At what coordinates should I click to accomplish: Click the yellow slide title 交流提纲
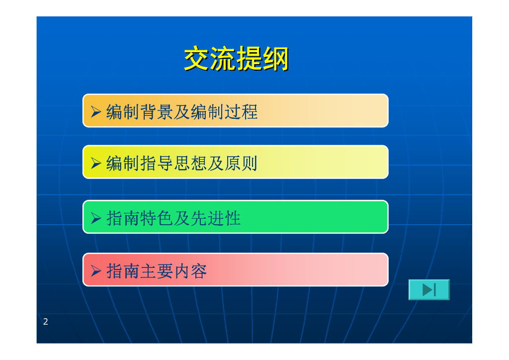click(x=236, y=59)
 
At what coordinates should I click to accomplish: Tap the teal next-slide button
click(x=429, y=289)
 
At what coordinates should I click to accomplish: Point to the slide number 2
click(x=45, y=322)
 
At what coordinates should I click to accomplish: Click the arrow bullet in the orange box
click(x=96, y=112)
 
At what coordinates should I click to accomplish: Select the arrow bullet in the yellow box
click(x=96, y=163)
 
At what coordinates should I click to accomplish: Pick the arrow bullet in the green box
click(x=96, y=218)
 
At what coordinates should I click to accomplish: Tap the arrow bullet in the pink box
click(x=96, y=270)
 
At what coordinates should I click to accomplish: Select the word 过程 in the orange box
click(x=241, y=112)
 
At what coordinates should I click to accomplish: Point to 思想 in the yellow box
click(x=190, y=163)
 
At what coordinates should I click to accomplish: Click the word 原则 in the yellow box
click(x=241, y=163)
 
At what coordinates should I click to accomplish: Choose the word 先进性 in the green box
click(x=216, y=218)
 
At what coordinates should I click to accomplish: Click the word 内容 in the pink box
click(x=190, y=270)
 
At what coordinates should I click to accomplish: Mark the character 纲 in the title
click(x=275, y=59)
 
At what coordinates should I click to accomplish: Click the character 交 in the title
click(x=197, y=59)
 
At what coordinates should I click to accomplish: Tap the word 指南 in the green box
click(x=123, y=218)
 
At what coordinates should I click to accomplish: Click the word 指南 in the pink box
click(x=123, y=270)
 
